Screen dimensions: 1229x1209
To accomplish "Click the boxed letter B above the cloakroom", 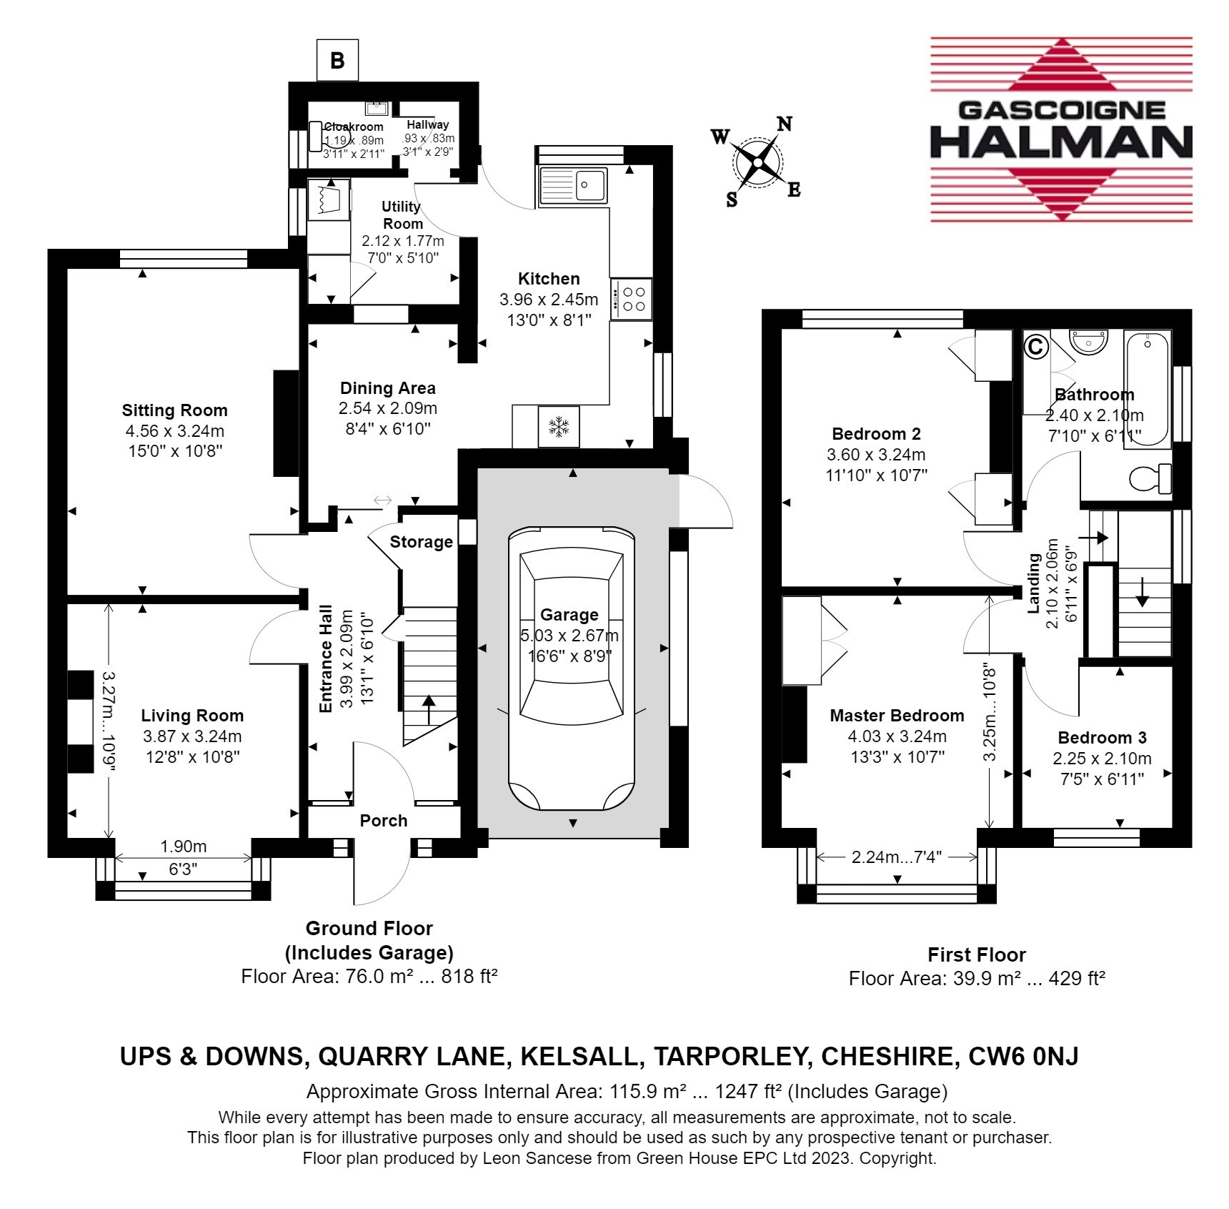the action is [337, 61].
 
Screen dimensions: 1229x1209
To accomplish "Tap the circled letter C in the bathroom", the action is [1035, 347].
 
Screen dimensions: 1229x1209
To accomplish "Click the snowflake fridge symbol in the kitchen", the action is [559, 428].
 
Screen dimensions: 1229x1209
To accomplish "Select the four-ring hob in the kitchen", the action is [632, 299].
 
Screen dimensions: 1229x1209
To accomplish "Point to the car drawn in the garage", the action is [571, 668].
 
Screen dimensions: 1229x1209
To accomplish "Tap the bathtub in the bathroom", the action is [1147, 389].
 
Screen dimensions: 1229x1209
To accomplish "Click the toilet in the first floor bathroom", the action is [1150, 478].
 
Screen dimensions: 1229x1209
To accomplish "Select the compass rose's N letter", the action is [784, 124].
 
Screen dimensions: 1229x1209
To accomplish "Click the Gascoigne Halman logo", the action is [1061, 129].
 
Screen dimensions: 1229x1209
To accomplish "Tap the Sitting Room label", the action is [174, 410].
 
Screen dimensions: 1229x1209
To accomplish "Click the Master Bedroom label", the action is [897, 716].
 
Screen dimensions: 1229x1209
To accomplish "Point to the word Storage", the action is [421, 542].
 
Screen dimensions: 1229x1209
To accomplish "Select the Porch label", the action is [384, 821].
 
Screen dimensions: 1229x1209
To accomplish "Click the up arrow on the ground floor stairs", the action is [429, 709].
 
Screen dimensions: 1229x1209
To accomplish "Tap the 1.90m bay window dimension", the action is [184, 847].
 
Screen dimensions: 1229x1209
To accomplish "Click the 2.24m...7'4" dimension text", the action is [897, 857].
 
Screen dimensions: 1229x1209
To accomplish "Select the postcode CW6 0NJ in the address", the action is [1023, 1057].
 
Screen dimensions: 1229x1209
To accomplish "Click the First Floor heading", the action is [977, 954].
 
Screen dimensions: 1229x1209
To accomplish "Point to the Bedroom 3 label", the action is [1103, 738].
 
